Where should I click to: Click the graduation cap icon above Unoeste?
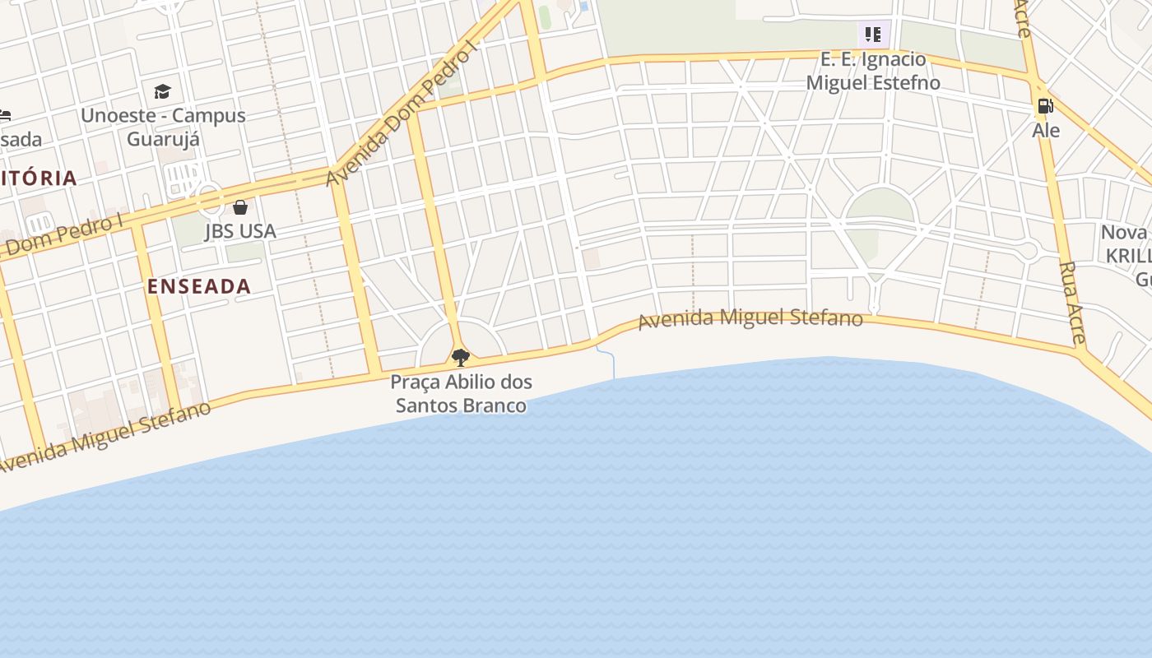click(x=163, y=91)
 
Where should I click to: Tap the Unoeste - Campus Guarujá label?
click(x=163, y=126)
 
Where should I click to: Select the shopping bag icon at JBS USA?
click(x=240, y=207)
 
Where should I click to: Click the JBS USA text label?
click(x=240, y=231)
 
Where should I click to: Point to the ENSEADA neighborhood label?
click(x=199, y=286)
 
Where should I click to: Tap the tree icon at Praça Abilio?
click(x=461, y=357)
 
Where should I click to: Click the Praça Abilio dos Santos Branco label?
click(x=461, y=393)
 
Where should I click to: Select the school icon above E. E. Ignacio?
click(x=873, y=35)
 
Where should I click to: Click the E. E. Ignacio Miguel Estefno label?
click(x=873, y=71)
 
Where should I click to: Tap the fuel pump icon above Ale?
click(x=1045, y=106)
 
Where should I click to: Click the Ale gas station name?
click(x=1046, y=130)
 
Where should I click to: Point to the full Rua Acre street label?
click(x=1073, y=302)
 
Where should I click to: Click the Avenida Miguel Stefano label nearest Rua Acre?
click(x=750, y=317)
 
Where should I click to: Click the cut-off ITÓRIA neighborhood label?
click(x=38, y=178)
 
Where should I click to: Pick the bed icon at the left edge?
click(x=4, y=115)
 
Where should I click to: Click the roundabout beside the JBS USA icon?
click(x=209, y=197)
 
